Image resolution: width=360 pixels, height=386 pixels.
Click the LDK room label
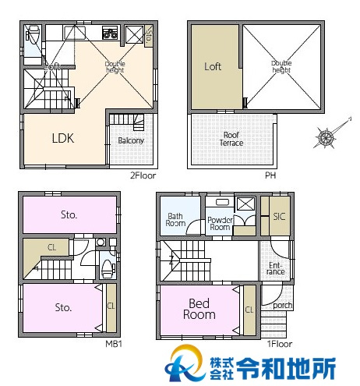point(63,139)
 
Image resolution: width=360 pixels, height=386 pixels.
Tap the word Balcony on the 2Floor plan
point(131,141)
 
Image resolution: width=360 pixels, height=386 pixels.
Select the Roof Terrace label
point(231,139)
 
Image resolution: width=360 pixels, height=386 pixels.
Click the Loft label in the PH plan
point(213,67)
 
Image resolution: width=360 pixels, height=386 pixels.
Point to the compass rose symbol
point(326,138)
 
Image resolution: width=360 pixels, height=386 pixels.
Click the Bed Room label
point(199,309)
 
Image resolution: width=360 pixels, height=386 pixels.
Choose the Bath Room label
point(175,219)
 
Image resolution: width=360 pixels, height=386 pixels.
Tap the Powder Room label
point(221,224)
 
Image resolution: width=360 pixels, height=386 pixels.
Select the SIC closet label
point(279,217)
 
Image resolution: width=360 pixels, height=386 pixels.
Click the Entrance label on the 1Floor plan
point(276,268)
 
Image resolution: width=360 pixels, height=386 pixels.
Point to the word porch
point(283,305)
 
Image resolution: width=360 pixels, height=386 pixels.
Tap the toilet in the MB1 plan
point(107,269)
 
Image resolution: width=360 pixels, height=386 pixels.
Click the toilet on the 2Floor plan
point(34,35)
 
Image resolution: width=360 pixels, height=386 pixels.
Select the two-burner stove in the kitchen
point(109,34)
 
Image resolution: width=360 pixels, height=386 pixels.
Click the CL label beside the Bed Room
point(249,310)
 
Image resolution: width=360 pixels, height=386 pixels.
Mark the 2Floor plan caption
point(143,175)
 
